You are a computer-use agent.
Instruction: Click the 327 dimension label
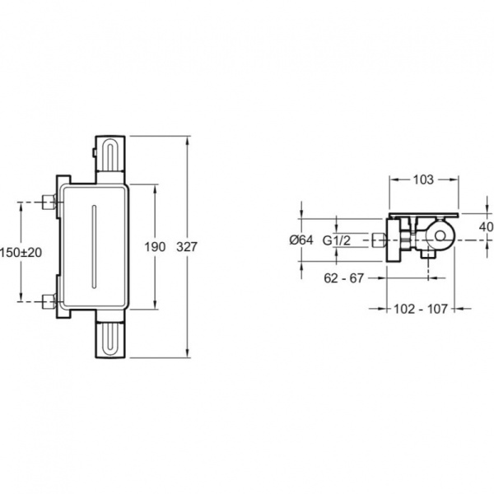187,247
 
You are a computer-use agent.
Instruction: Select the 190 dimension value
155,247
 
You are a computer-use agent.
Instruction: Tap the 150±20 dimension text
21,253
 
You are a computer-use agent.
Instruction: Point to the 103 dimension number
423,179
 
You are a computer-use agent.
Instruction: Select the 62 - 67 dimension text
343,278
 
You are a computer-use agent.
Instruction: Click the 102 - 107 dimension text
421,309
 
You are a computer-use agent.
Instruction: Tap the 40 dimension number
486,227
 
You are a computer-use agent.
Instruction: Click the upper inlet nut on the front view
49,202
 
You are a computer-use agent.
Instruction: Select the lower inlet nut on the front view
49,301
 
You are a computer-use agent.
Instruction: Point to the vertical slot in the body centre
94,246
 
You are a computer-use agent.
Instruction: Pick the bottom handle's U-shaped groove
110,339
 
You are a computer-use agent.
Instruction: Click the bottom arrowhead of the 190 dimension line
155,305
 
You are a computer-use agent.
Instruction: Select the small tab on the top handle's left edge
94,153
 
